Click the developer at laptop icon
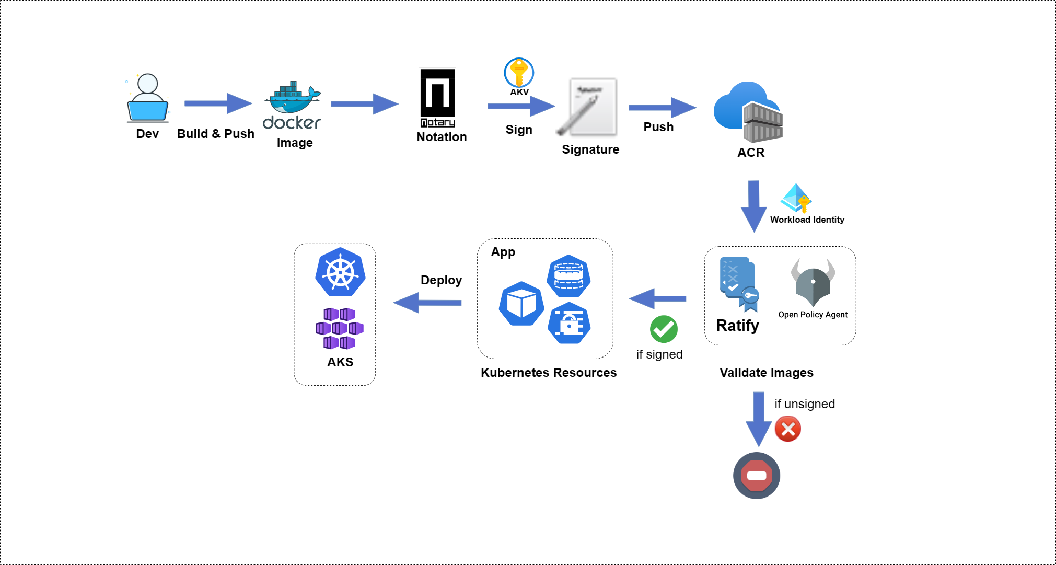pos(147,98)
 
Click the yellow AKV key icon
pos(519,73)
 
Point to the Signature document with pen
pos(589,108)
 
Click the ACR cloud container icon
pos(748,113)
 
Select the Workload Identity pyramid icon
pos(796,198)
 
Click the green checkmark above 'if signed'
pos(664,329)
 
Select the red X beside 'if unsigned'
pos(787,429)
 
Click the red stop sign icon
pos(756,476)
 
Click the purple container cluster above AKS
pos(340,329)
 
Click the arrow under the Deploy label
pos(427,303)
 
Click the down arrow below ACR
pos(753,206)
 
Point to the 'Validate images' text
pos(766,373)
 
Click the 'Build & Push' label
pos(215,134)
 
